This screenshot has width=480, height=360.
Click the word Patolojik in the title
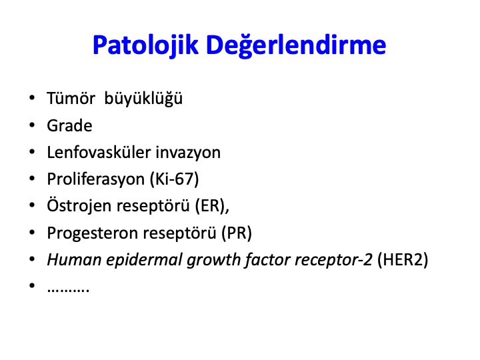point(145,45)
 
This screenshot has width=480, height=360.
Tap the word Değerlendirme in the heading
point(296,45)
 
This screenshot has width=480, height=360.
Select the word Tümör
point(71,98)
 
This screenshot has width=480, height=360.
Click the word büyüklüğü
point(143,99)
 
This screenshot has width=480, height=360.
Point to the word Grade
point(69,125)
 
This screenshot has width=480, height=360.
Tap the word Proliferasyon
point(96,179)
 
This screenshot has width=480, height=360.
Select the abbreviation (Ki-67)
point(174,179)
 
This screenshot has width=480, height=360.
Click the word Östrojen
point(79,206)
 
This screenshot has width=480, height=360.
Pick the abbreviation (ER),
point(212,206)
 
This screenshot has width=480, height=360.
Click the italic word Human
point(74,259)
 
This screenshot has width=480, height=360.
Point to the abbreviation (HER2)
point(403,260)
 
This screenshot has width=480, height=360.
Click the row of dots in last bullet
point(68,289)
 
